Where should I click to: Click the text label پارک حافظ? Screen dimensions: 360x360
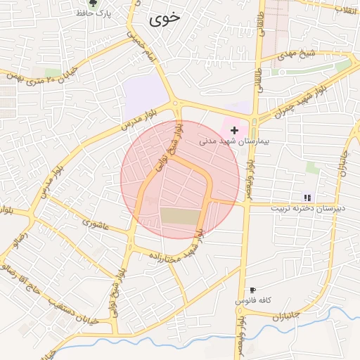pyautogui.click(x=103, y=14)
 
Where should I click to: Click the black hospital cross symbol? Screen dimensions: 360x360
pyautogui.click(x=234, y=130)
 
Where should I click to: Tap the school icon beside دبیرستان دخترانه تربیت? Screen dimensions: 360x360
pyautogui.click(x=307, y=198)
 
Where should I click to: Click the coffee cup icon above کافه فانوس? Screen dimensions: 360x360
pyautogui.click(x=252, y=290)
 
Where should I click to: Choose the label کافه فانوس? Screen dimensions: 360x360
pyautogui.click(x=253, y=300)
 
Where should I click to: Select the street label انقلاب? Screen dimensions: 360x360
pyautogui.click(x=347, y=8)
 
